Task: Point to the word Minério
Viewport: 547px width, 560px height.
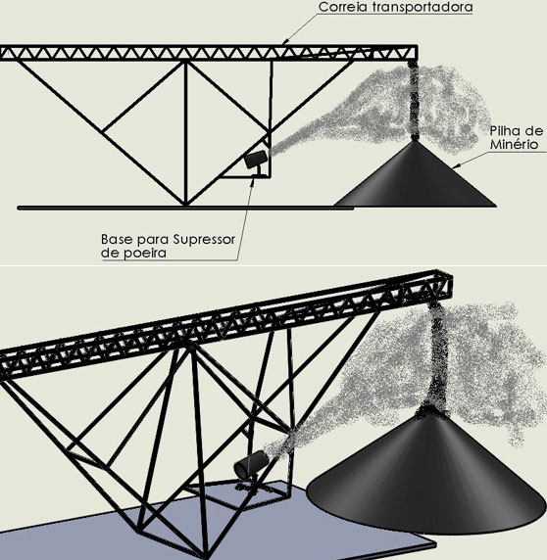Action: pyautogui.click(x=514, y=144)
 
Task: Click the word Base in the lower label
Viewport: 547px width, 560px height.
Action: pyautogui.click(x=118, y=239)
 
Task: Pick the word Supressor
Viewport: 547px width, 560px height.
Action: pyautogui.click(x=204, y=240)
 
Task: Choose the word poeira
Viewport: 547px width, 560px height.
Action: pyautogui.click(x=145, y=254)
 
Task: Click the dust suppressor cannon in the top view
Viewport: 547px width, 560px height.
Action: pyautogui.click(x=256, y=160)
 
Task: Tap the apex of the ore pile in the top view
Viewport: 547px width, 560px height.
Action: pyautogui.click(x=414, y=141)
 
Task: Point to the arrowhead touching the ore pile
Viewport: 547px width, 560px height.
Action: pyautogui.click(x=456, y=166)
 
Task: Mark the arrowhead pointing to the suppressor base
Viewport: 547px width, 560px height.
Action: pyautogui.click(x=253, y=179)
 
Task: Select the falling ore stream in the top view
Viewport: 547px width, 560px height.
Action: pyautogui.click(x=414, y=100)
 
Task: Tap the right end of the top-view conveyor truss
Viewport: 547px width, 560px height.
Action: pyautogui.click(x=417, y=53)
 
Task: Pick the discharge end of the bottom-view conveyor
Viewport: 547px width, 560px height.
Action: pyautogui.click(x=447, y=285)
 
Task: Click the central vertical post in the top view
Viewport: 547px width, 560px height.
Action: pyautogui.click(x=185, y=133)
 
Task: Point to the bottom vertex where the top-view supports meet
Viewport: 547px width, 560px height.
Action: pyautogui.click(x=185, y=205)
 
